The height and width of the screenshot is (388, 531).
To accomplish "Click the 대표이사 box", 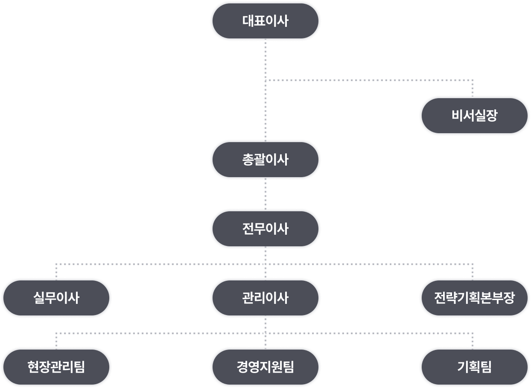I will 265,21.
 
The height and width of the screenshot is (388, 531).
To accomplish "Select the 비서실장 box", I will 474,116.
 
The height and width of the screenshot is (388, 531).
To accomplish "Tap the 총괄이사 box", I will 265,160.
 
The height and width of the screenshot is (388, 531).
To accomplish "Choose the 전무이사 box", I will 265,229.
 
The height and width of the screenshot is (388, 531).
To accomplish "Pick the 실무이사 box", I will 56,298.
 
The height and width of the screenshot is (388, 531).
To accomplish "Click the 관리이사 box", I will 265,298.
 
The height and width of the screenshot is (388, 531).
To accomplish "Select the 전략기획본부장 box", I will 474,298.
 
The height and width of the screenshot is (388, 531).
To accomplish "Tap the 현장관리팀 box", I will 56,367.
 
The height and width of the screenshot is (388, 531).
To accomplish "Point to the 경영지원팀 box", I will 265,367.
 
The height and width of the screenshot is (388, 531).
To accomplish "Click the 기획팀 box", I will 474,367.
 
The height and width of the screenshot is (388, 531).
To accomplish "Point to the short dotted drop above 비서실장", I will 473,88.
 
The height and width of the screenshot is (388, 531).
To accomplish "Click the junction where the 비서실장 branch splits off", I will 265,80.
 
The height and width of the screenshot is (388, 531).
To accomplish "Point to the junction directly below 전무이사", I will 265,264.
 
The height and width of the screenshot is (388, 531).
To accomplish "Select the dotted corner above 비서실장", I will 473,80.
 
